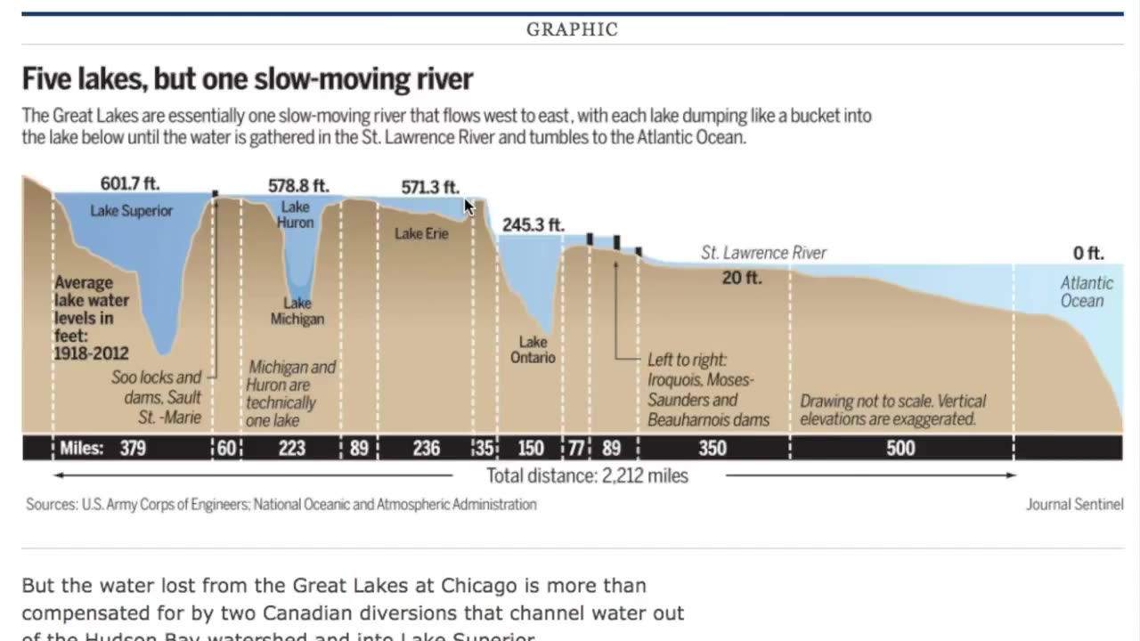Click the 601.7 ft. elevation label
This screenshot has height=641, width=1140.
pos(130,183)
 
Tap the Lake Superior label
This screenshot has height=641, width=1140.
pos(131,211)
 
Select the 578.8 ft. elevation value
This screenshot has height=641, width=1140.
pos(298,186)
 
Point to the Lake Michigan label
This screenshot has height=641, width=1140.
pos(297,312)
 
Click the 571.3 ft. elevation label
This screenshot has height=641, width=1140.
pos(430,187)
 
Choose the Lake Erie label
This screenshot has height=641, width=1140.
pos(421,233)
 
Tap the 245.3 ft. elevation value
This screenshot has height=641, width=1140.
pos(533,225)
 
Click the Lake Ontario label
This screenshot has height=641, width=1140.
pos(533,350)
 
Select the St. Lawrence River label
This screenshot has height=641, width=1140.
pos(763,253)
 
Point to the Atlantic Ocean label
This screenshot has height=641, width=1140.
pos(1087,292)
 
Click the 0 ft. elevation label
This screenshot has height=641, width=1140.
pos(1088,254)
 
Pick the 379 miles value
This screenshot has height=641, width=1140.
pos(133,448)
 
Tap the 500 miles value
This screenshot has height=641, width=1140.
pos(900,448)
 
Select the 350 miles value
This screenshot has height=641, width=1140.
pos(712,448)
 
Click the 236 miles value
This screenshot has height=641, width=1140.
pos(426,448)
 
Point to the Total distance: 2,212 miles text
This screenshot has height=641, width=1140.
pos(587,475)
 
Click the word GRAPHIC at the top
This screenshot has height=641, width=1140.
pos(572,29)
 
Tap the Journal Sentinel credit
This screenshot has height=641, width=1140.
pos(1074,505)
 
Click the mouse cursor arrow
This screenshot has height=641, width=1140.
pos(469,207)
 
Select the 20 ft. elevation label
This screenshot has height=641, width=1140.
pos(742,278)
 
